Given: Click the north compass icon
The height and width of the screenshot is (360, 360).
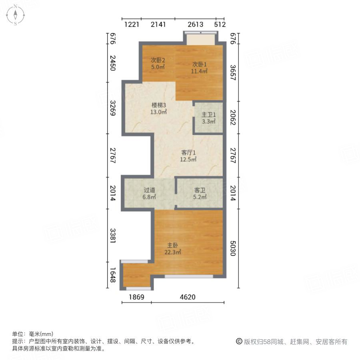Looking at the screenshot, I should (x=15, y=15).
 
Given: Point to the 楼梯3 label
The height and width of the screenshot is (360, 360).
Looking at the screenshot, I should (x=158, y=105).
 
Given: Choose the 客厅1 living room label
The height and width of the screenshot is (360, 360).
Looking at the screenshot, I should (x=188, y=152).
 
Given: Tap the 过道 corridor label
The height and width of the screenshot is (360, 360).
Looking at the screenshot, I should (x=149, y=190).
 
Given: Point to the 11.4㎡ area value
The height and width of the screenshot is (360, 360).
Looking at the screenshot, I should (x=199, y=71).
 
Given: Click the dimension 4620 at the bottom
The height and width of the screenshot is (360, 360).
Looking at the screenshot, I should (x=188, y=297).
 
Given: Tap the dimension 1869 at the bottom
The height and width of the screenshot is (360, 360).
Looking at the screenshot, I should (x=136, y=297).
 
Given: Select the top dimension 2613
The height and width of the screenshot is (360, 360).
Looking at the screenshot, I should (x=195, y=24).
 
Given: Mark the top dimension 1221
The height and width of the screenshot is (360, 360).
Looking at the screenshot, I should (x=132, y=24).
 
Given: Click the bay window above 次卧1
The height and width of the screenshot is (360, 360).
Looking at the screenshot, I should (x=200, y=39).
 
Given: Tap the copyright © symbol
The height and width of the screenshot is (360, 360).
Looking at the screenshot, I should (x=239, y=342).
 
